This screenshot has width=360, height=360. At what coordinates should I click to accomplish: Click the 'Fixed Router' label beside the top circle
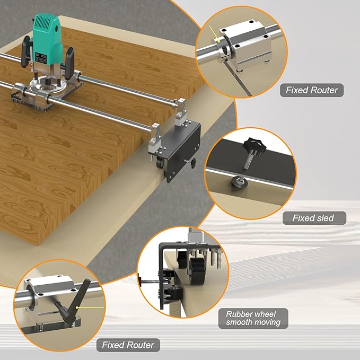(311, 90)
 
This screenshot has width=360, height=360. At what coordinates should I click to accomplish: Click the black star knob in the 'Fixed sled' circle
(252, 144)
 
